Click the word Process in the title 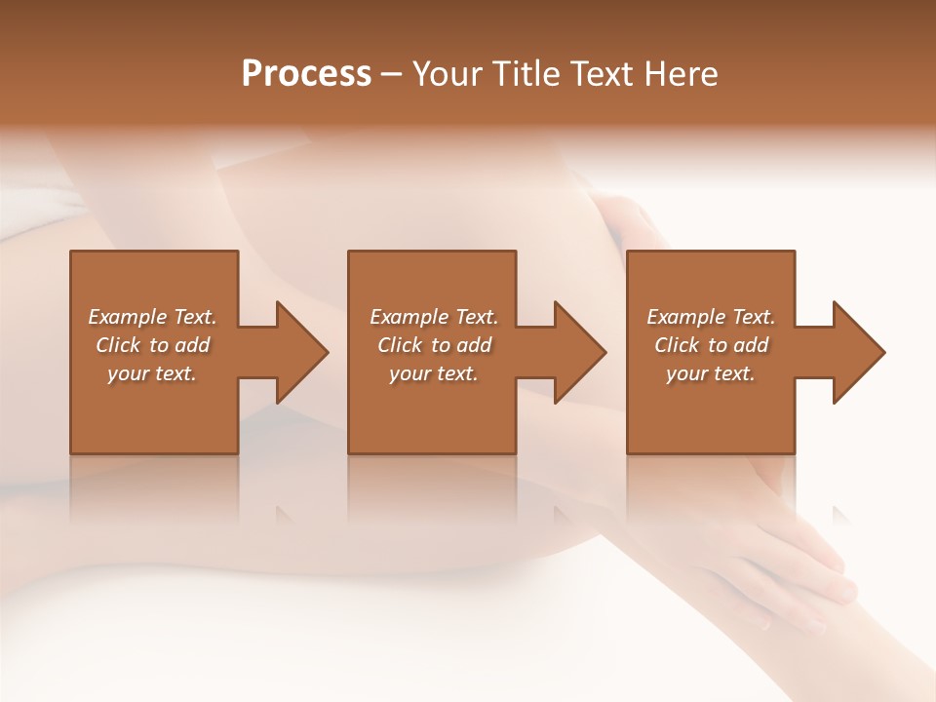click(306, 74)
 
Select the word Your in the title click(448, 74)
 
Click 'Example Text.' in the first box click(152, 317)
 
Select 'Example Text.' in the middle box click(434, 317)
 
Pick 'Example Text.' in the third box click(711, 317)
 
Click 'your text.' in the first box click(152, 373)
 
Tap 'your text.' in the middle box click(434, 373)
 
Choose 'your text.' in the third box click(711, 373)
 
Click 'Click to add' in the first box click(152, 345)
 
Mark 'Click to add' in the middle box click(434, 345)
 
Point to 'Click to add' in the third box click(711, 345)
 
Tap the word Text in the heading click(598, 74)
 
